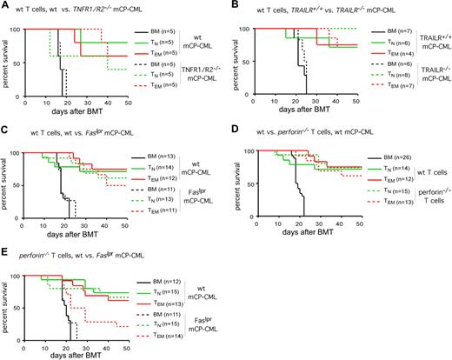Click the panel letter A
6,6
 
